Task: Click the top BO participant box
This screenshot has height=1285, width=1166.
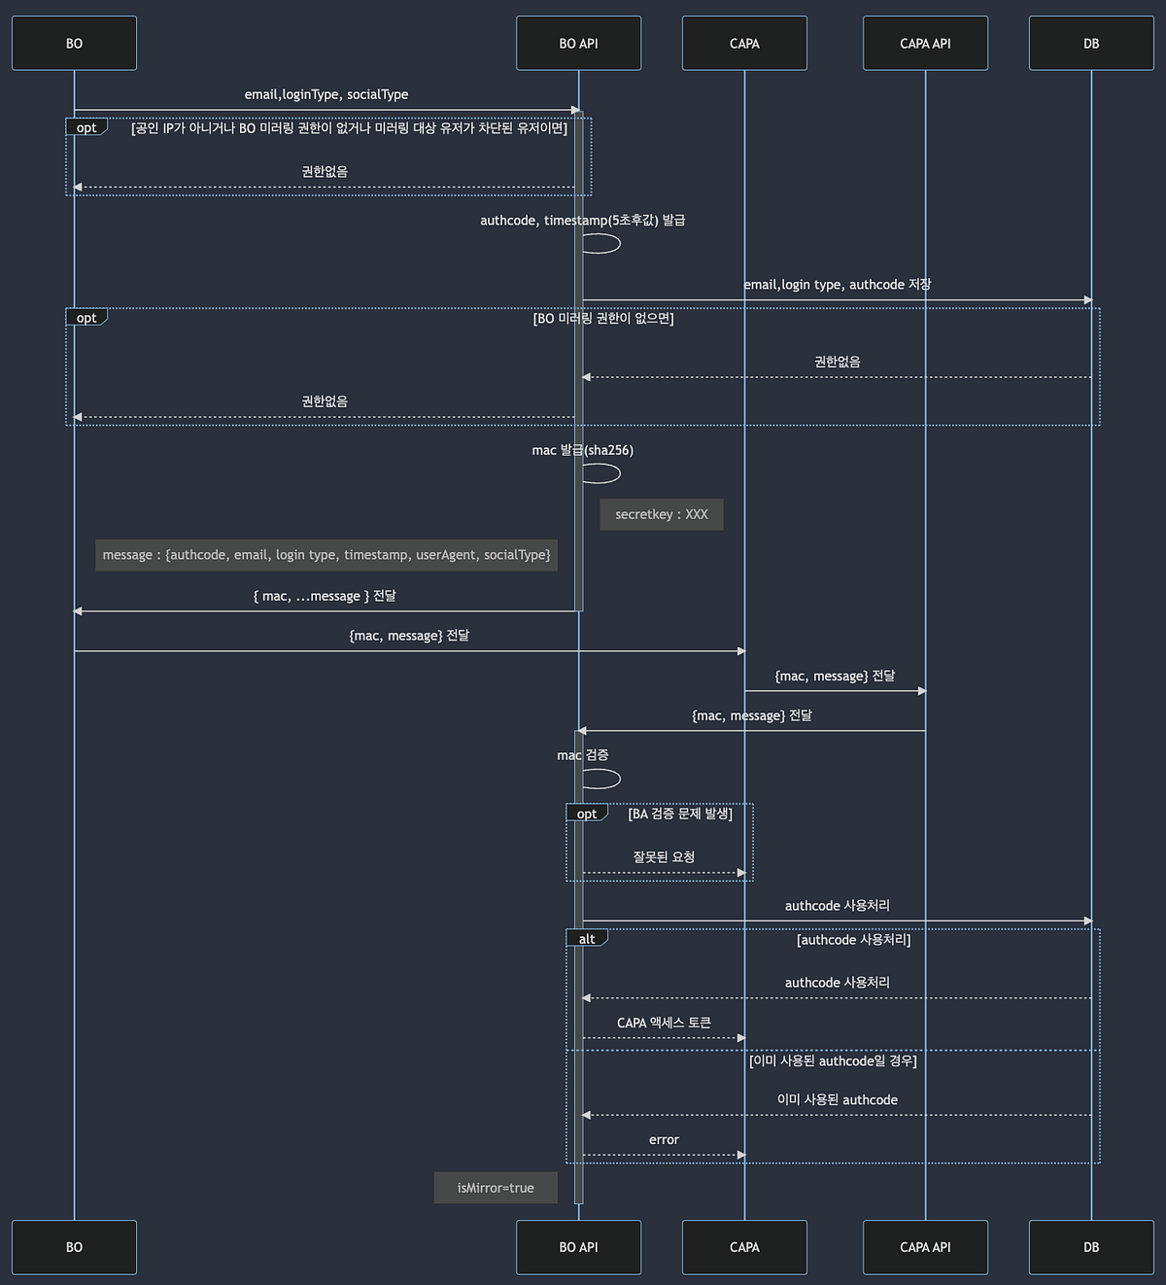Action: [74, 44]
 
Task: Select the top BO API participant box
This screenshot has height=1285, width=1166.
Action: [578, 44]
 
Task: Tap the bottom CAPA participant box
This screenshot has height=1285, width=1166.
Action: [744, 1247]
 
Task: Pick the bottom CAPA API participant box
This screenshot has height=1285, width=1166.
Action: [925, 1247]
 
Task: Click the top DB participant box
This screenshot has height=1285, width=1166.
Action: [1091, 44]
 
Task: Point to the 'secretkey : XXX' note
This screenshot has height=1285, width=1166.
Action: [662, 514]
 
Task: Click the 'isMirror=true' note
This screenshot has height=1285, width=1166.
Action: [496, 1188]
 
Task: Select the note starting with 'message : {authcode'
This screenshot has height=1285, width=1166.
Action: [326, 555]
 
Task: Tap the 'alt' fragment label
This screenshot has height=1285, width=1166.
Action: [587, 939]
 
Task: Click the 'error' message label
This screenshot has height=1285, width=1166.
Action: [664, 1140]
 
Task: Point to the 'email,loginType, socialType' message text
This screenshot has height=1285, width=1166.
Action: [326, 94]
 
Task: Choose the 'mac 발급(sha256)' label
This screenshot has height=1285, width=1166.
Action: [582, 450]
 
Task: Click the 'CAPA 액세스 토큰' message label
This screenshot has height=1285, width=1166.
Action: [664, 1023]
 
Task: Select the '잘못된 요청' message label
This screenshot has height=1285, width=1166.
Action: [664, 857]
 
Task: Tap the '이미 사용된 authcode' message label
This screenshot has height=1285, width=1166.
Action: [837, 1100]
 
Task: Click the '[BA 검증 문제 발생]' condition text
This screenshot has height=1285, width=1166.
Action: [680, 814]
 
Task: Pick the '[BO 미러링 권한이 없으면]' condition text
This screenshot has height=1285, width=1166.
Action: [603, 319]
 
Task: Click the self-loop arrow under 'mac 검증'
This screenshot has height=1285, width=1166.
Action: [601, 779]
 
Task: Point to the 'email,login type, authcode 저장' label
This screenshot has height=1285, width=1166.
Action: [837, 285]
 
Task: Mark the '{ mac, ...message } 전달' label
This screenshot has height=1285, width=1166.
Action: [325, 596]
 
